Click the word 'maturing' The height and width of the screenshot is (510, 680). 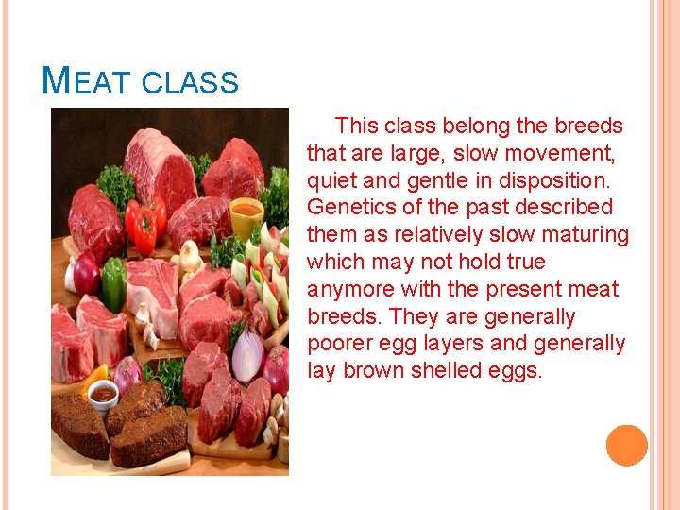(582, 234)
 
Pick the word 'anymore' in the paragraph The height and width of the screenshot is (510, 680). (352, 289)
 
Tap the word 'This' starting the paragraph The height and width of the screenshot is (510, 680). (357, 126)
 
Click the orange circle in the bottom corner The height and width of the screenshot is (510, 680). (626, 445)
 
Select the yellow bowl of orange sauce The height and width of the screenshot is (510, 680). (246, 218)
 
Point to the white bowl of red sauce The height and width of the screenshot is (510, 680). (103, 394)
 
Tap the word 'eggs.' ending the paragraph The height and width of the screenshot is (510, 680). (516, 370)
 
